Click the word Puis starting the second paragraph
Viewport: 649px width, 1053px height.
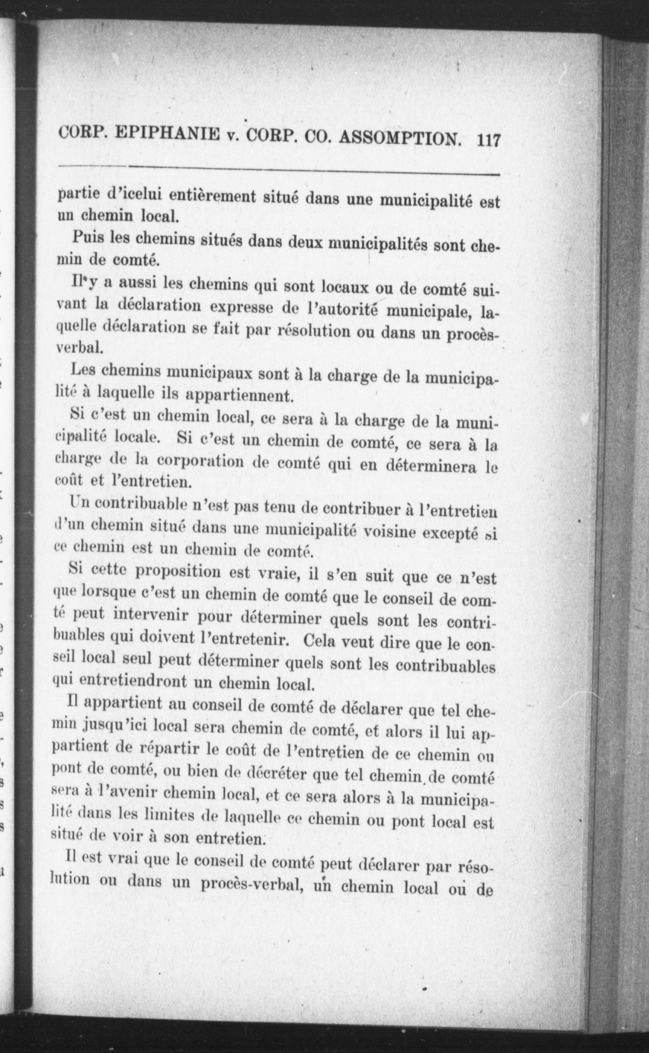88,237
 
